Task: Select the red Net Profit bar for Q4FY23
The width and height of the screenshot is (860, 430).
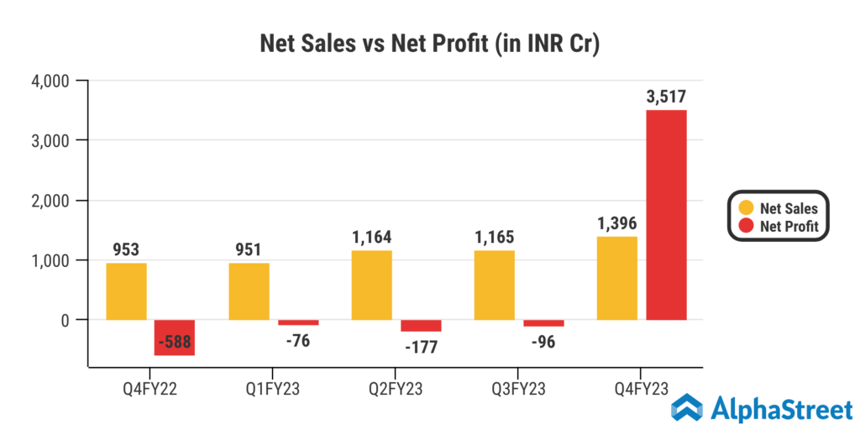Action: click(667, 214)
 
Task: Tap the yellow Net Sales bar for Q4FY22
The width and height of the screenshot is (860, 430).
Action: click(127, 291)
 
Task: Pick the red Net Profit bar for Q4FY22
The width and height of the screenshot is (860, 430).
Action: click(175, 338)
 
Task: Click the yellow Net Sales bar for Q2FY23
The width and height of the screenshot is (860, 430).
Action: click(372, 285)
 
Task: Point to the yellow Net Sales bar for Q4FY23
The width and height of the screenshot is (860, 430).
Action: click(617, 278)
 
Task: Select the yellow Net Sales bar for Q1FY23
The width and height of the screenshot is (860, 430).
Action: click(249, 291)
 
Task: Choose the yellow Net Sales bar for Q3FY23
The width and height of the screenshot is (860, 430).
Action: click(495, 285)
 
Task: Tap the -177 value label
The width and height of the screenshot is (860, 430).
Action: click(421, 347)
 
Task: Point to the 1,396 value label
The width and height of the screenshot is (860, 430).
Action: click(617, 224)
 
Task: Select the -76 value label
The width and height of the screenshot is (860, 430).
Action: click(298, 341)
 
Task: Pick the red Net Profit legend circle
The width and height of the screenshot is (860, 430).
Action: click(747, 226)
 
